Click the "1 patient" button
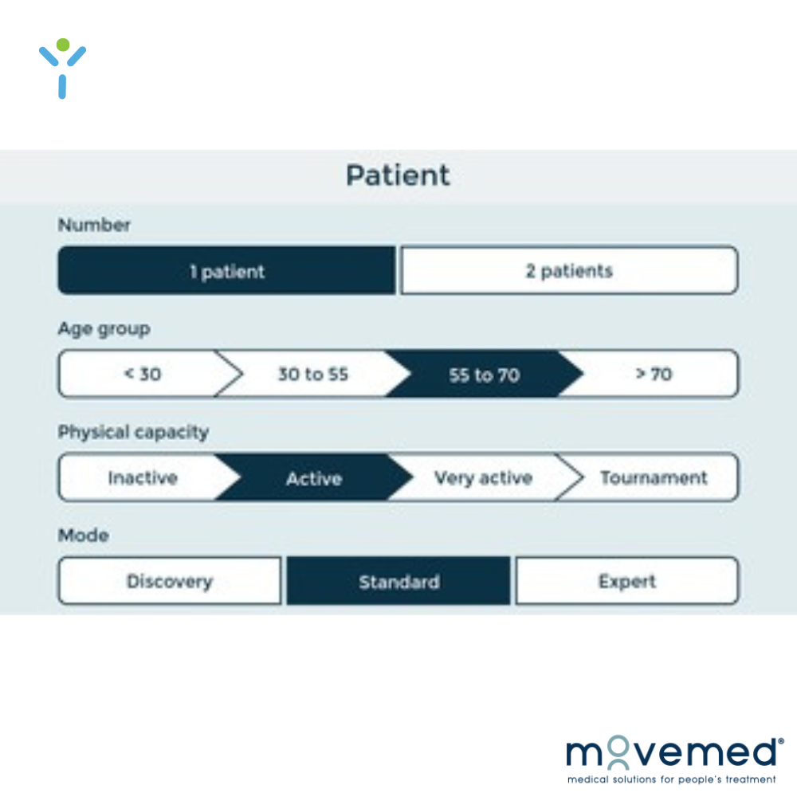pos(226,270)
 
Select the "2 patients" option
pos(569,270)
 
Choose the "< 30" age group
pos(143,374)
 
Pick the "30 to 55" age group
pos(313,374)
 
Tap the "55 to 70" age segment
pos(484,375)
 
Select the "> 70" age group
pos(654,374)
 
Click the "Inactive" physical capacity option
pos(143,477)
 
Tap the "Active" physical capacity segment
pos(314,478)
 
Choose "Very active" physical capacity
pos(483,477)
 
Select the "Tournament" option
pos(654,477)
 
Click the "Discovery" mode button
pos(170,581)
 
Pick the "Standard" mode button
pos(398,581)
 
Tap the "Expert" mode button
pos(627,581)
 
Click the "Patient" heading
pos(398,175)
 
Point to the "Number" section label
pos(94,225)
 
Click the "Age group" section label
pos(104,329)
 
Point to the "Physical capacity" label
pos(133,433)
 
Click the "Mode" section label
pos(84,536)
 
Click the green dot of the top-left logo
pos(62,45)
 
